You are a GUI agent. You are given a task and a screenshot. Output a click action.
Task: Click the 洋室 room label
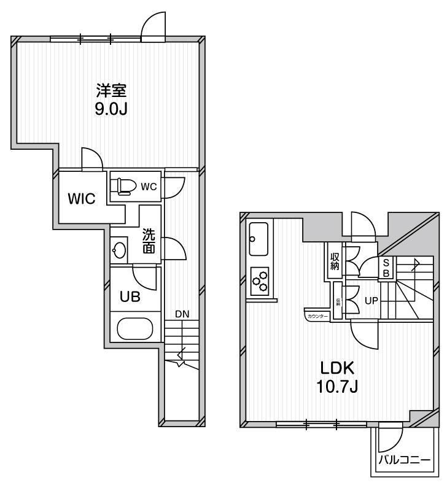click(x=111, y=92)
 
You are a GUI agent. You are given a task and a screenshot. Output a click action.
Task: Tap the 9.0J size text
click(x=111, y=110)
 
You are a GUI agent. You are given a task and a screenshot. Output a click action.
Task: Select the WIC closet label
click(x=81, y=199)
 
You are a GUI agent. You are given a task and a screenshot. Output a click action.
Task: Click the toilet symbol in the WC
click(x=125, y=185)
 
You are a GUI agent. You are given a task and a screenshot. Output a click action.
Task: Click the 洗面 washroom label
click(x=149, y=241)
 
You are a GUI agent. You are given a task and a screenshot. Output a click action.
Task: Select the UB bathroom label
click(x=130, y=296)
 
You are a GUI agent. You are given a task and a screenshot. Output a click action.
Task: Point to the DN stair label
click(x=182, y=314)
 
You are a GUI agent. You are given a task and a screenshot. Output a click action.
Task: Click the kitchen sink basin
click(x=258, y=239)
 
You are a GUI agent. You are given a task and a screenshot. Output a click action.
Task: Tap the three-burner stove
click(x=260, y=280)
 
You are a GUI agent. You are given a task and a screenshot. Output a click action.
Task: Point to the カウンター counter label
click(x=316, y=316)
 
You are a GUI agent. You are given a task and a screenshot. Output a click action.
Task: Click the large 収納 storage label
click(x=335, y=261)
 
